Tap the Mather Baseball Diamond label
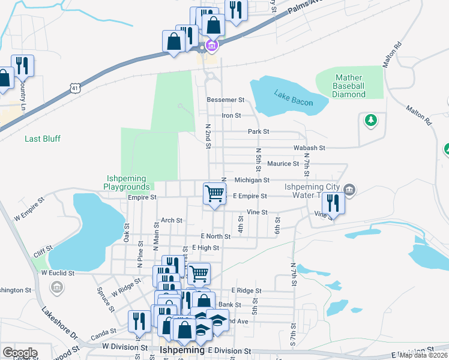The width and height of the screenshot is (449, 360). point(349,86)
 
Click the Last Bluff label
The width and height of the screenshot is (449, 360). point(43,139)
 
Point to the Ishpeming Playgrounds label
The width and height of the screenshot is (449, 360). point(131,182)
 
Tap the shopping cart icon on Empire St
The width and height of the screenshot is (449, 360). point(214,194)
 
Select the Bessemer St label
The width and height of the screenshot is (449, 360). point(225,100)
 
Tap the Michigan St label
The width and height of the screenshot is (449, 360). point(252,179)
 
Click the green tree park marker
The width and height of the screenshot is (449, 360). point(371,121)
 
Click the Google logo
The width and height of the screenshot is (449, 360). point(20,353)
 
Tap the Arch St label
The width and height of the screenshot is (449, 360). point(171,220)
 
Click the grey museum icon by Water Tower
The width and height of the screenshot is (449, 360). point(351,191)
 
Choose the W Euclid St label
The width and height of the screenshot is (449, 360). point(58,272)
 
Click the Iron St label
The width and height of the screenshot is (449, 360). point(231,115)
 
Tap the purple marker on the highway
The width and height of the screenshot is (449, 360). point(211,46)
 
